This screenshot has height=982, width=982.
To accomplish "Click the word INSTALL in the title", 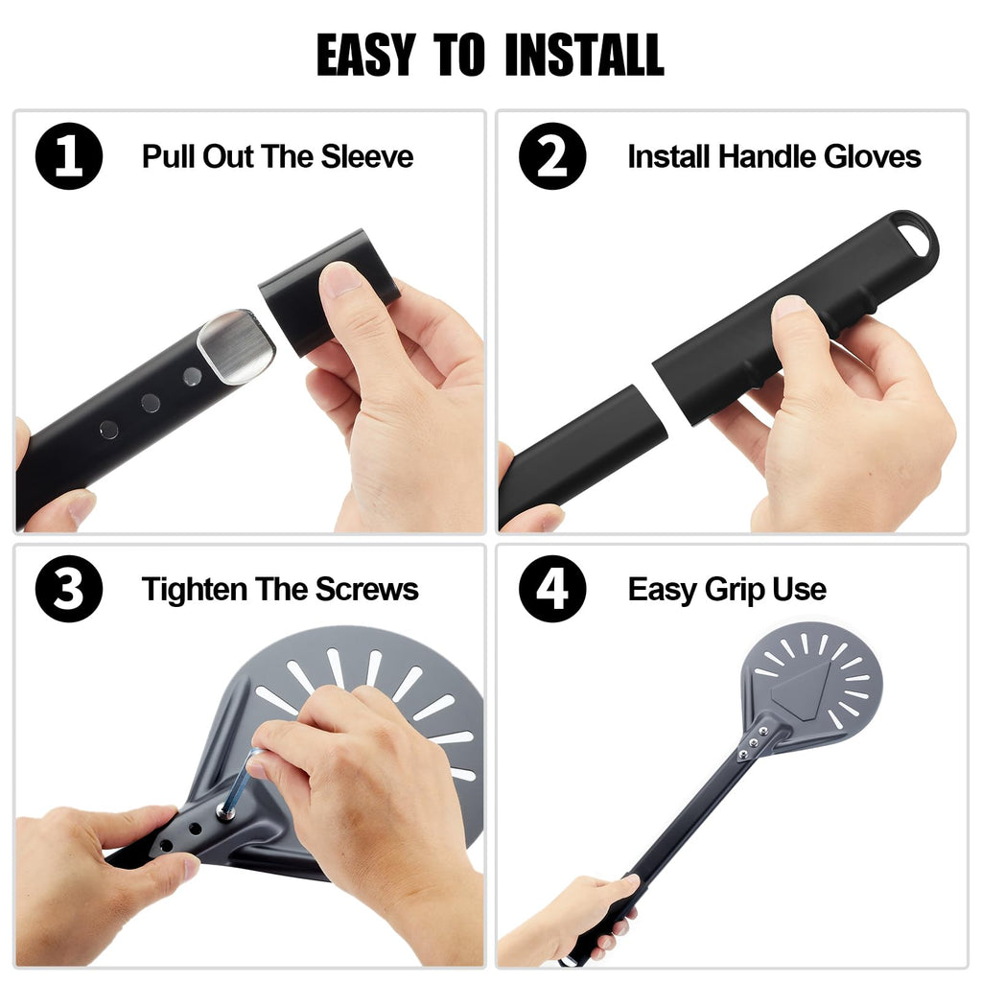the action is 584,55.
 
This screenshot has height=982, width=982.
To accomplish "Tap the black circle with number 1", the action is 69,156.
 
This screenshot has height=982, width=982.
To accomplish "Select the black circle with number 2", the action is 552,156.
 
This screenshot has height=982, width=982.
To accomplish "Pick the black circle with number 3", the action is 69,589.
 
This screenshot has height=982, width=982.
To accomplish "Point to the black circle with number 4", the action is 552,589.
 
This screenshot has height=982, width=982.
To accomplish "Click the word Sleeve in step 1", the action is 367,156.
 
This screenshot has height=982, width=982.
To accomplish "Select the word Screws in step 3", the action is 366,590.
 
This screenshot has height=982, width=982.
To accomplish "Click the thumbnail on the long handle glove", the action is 789,306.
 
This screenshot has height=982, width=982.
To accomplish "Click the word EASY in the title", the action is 366,55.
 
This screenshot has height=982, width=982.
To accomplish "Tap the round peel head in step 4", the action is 811,676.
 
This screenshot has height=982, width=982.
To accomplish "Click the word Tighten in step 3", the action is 194,591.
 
